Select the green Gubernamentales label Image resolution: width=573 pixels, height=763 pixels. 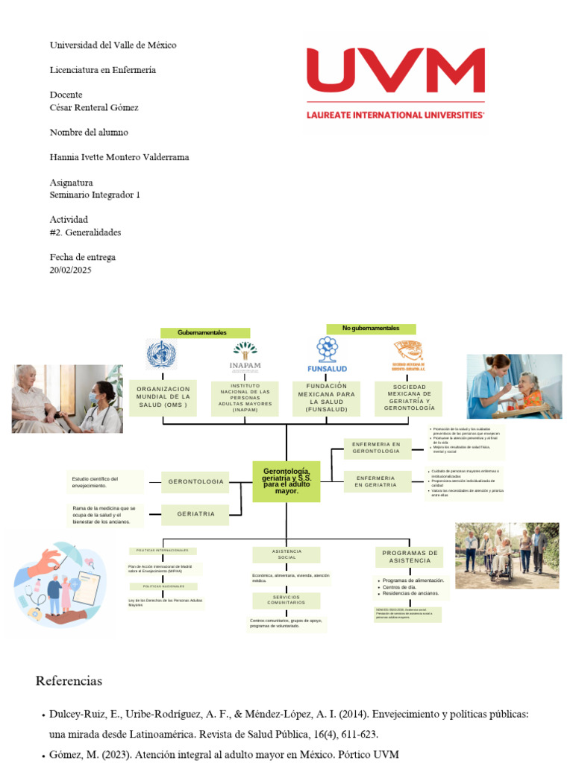coord(201,332)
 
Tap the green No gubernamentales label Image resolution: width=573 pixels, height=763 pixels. coord(371,329)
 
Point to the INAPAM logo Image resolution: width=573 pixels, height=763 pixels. coord(245,356)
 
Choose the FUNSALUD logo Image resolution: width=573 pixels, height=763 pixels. coord(327,355)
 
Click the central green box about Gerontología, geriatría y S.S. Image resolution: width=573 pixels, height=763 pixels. coord(286,481)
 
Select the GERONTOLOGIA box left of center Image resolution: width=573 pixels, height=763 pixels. coord(195,482)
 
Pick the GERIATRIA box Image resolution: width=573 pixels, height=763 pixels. coord(195,514)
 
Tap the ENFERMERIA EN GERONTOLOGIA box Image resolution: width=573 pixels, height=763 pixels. coord(377,448)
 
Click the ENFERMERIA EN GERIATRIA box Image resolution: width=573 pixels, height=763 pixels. coord(377,481)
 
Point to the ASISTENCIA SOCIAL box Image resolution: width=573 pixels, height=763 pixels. coord(286,554)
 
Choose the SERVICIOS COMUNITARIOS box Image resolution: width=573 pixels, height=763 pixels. coord(286,600)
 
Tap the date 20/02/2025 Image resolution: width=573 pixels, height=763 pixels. coord(70,270)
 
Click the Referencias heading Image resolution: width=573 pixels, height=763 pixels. coord(69,681)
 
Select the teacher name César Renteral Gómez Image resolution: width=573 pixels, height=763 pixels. coord(94,107)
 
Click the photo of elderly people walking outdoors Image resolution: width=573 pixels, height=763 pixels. coord(507,555)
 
